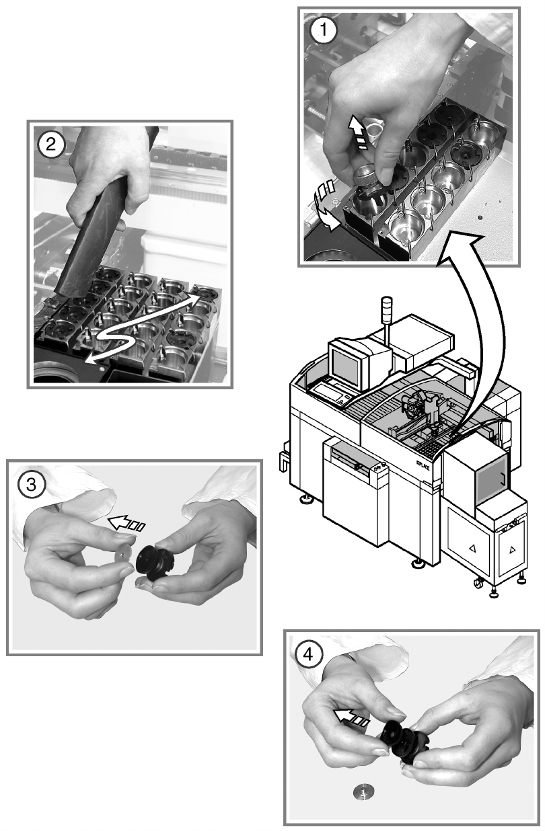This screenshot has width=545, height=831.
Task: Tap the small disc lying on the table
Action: (363, 793)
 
